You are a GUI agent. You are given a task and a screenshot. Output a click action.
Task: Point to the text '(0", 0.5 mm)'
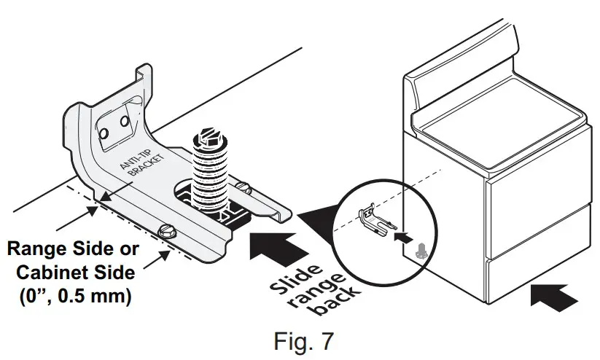click(71, 297)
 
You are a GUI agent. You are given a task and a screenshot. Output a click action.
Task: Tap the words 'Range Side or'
click(72, 250)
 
